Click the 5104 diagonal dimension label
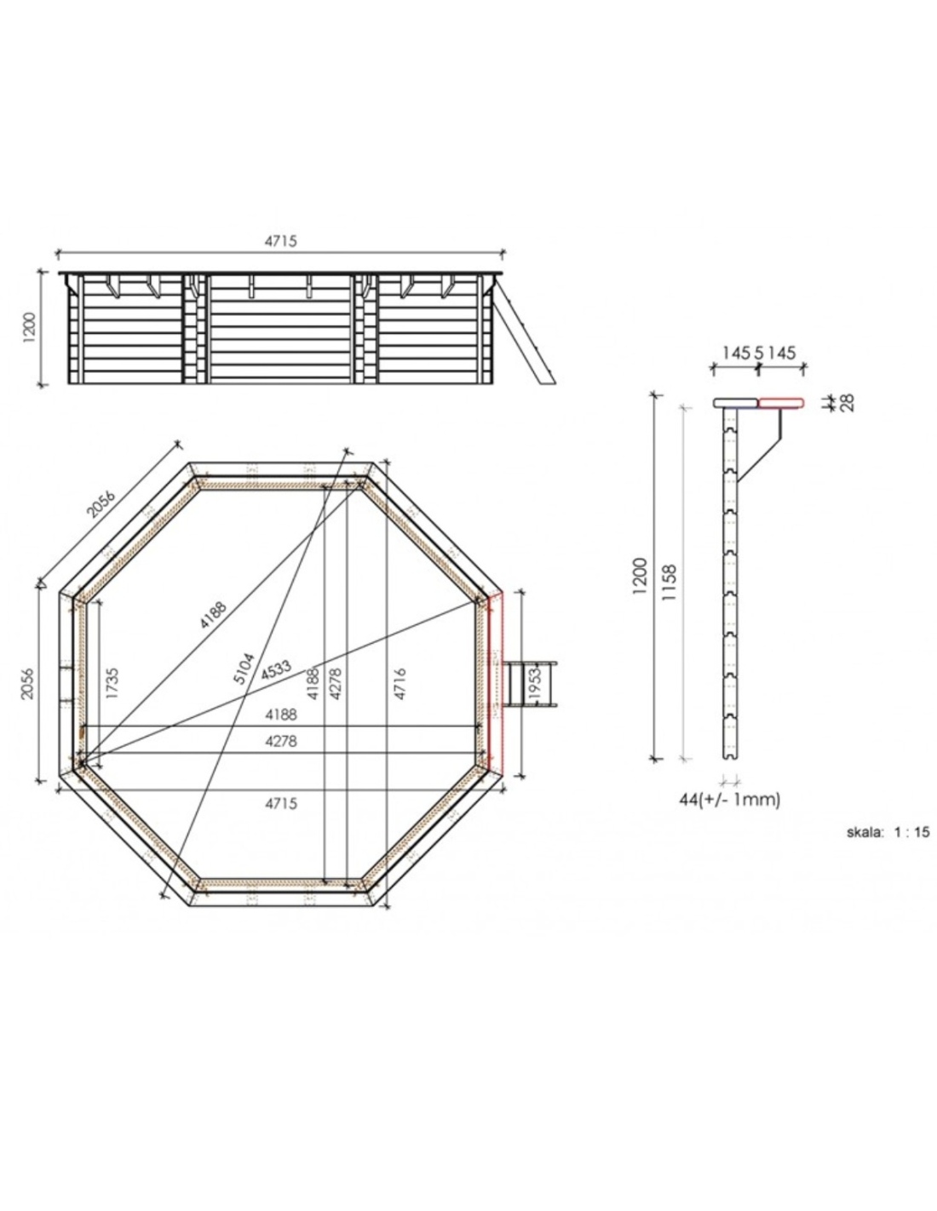tap(244, 669)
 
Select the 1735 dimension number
tap(112, 683)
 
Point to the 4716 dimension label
tap(400, 683)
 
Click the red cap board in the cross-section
tap(780, 402)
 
